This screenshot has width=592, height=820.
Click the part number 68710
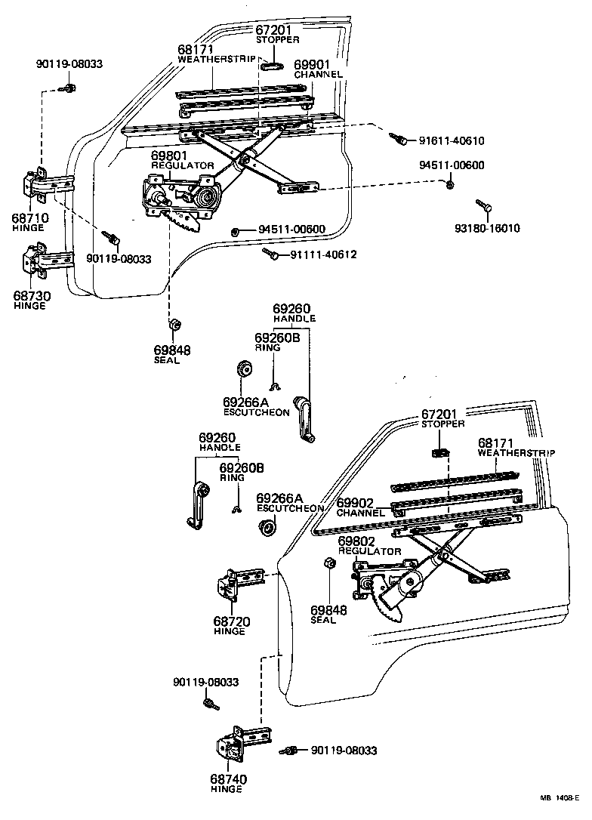pyautogui.click(x=31, y=217)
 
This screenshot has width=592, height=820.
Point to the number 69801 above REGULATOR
pyautogui.click(x=168, y=156)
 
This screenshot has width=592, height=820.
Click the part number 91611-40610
pyautogui.click(x=451, y=140)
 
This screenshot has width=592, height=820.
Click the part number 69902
pyautogui.click(x=356, y=503)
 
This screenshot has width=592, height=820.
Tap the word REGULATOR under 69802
pyautogui.click(x=369, y=551)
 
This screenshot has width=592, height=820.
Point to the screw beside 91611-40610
pyautogui.click(x=398, y=138)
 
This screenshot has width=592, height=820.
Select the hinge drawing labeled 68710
pyautogui.click(x=47, y=186)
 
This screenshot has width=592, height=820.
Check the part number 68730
pyautogui.click(x=31, y=296)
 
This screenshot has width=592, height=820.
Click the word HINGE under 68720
pyautogui.click(x=230, y=631)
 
